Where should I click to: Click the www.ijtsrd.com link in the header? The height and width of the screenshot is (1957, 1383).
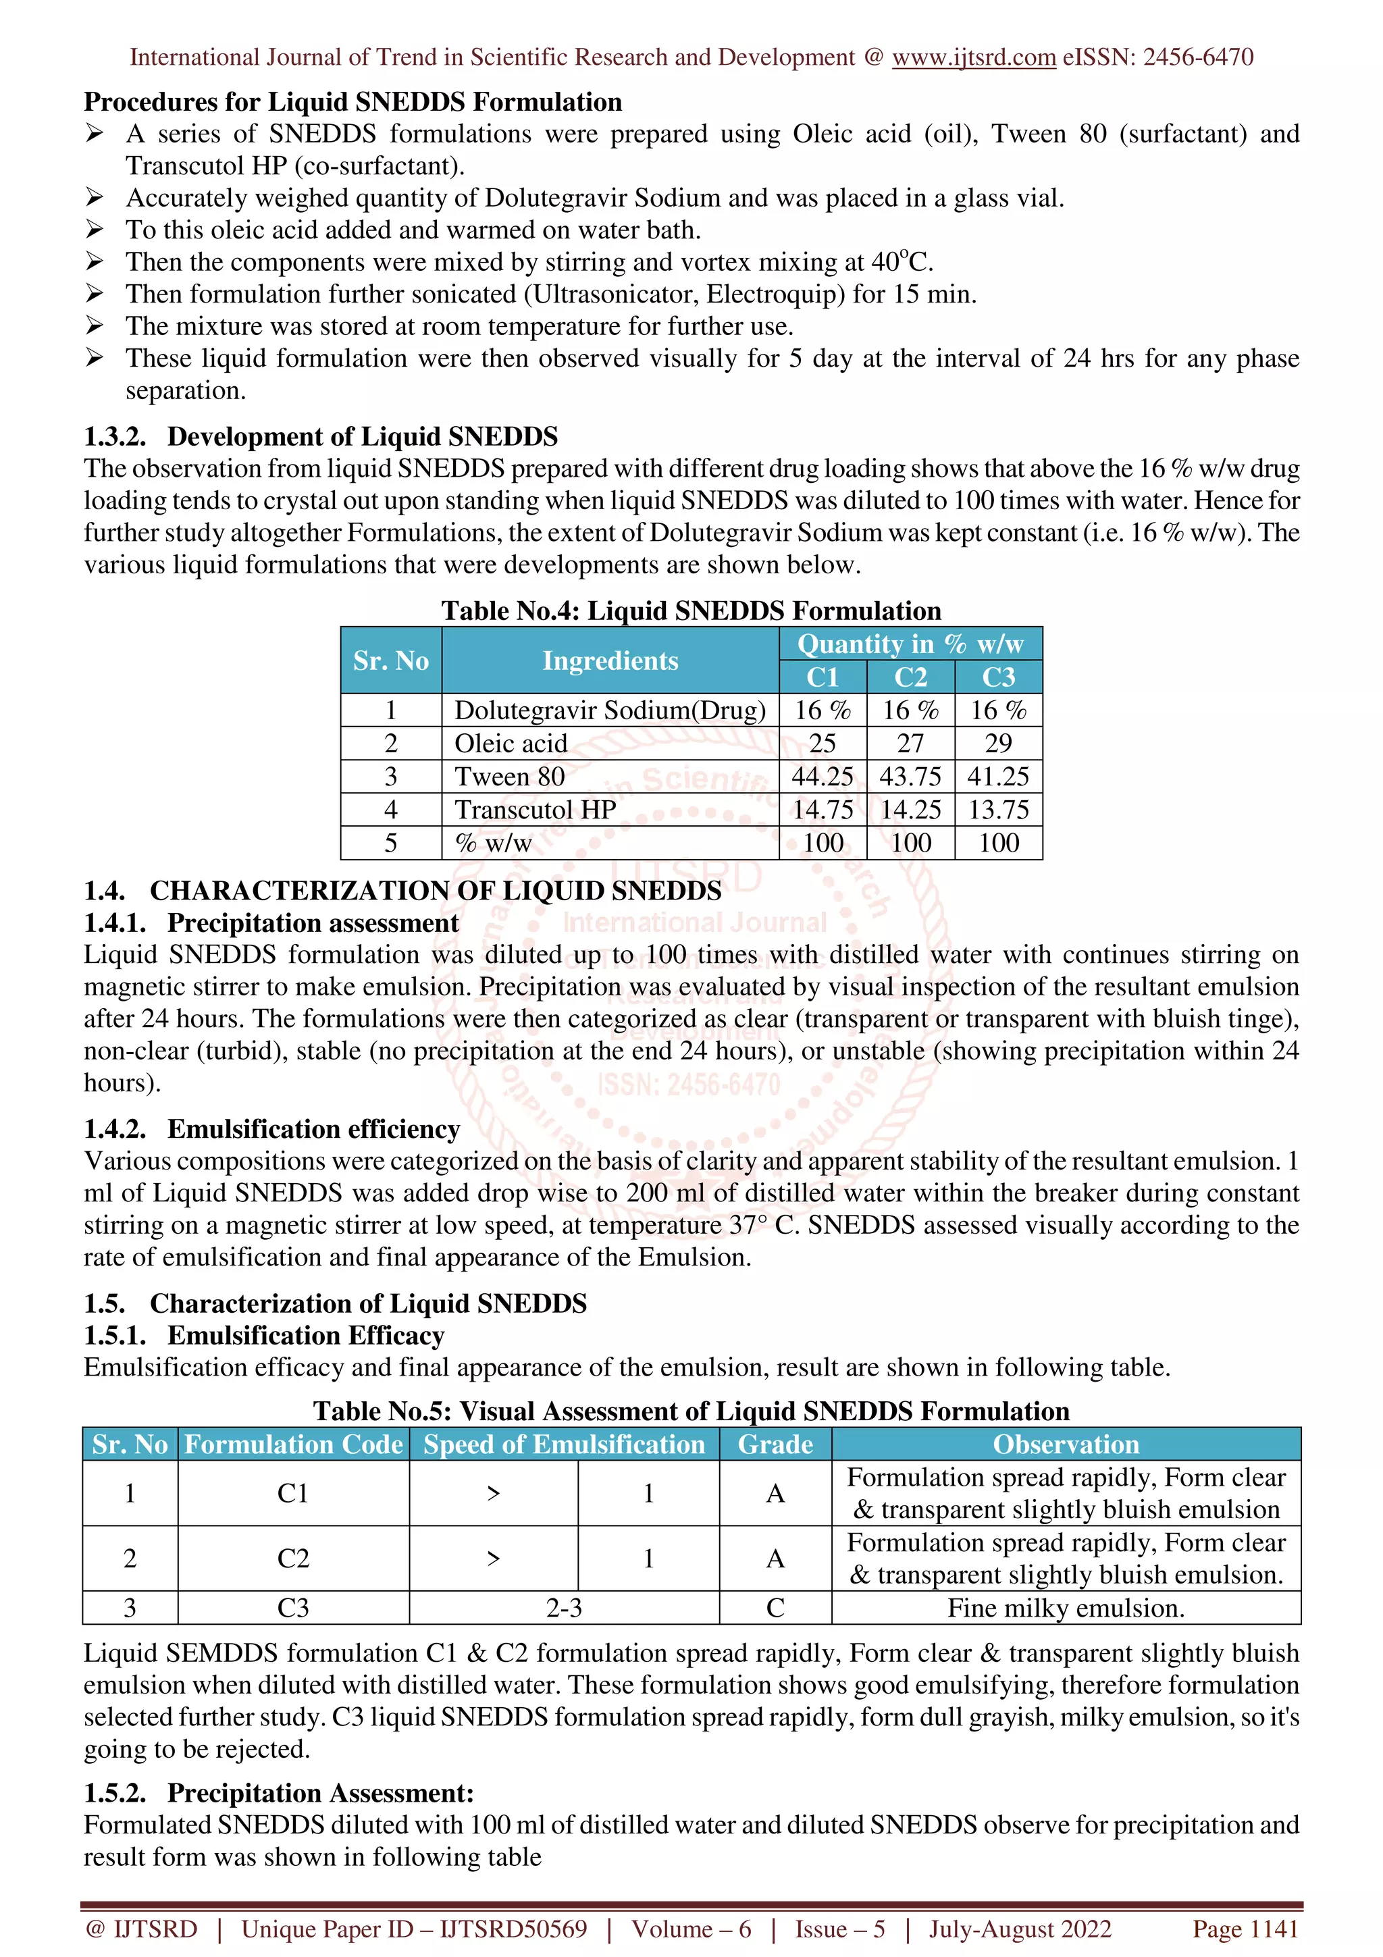(973, 57)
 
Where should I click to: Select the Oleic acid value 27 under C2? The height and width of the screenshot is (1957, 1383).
(910, 743)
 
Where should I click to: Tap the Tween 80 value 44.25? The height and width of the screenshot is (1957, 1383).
(823, 777)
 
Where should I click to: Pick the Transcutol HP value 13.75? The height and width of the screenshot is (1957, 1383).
(998, 810)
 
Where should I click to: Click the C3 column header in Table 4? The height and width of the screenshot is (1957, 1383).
(998, 677)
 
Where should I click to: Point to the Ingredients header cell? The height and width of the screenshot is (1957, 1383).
(610, 660)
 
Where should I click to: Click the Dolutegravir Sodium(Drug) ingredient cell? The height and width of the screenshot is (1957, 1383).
(610, 710)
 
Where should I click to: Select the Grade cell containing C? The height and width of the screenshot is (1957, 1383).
(775, 1607)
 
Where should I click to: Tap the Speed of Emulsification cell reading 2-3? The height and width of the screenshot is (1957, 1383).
(563, 1607)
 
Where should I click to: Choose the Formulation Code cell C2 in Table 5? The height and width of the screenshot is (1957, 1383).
(293, 1558)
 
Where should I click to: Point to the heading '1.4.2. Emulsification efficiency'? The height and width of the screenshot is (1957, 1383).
(272, 1128)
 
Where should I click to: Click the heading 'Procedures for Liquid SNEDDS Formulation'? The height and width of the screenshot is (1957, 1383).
(353, 102)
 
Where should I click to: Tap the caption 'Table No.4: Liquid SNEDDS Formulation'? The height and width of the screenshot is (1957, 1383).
(691, 610)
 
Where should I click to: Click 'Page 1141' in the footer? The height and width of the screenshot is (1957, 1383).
(1245, 1929)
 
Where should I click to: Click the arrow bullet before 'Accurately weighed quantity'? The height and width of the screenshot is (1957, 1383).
(95, 198)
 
